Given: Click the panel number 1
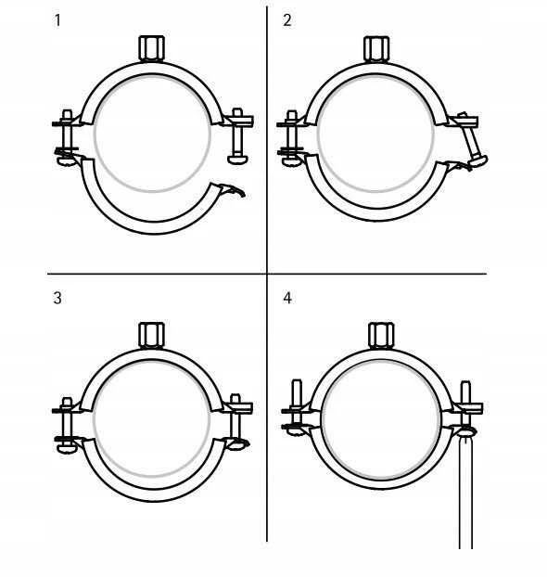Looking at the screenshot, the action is click(x=57, y=20).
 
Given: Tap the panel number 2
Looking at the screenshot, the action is click(x=287, y=20).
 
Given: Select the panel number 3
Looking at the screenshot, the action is click(x=57, y=298).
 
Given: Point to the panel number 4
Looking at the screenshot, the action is click(x=287, y=298).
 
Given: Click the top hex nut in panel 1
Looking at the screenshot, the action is click(x=151, y=48).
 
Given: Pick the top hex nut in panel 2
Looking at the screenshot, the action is click(x=376, y=48).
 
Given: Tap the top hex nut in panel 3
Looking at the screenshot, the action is click(x=151, y=335).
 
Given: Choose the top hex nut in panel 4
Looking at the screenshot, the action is click(x=381, y=335).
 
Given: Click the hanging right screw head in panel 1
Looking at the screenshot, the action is click(x=237, y=160).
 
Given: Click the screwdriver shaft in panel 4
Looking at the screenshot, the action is click(x=465, y=493).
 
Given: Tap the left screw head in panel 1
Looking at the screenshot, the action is click(x=66, y=161).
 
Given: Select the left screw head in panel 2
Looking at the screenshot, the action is click(x=291, y=161).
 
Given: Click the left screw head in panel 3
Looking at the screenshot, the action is click(x=66, y=449).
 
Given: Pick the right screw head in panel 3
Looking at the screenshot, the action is click(x=236, y=445).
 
